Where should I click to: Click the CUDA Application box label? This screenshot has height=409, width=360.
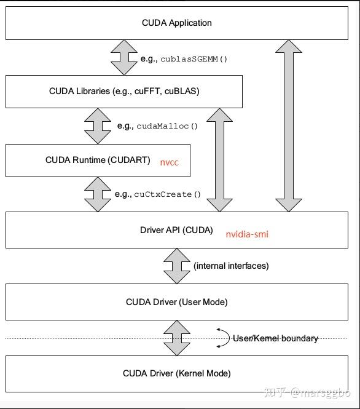click(176, 23)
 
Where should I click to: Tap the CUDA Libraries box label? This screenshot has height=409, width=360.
click(124, 91)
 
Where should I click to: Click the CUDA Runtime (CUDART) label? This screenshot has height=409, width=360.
click(98, 160)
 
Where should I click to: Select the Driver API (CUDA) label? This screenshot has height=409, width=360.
click(176, 231)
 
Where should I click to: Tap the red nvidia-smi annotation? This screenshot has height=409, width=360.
click(247, 234)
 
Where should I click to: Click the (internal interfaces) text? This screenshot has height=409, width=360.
click(231, 266)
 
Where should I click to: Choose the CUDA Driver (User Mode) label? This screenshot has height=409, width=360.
click(176, 302)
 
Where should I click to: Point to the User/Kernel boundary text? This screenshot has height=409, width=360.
click(275, 338)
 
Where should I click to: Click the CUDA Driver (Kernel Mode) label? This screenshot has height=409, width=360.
click(176, 373)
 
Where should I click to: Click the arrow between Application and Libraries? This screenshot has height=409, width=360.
click(124, 58)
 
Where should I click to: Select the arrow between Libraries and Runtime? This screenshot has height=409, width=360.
click(98, 125)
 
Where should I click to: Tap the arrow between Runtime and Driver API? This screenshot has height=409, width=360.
click(98, 194)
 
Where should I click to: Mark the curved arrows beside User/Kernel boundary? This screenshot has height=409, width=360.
click(222, 337)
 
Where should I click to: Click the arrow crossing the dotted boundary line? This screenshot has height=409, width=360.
click(176, 337)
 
